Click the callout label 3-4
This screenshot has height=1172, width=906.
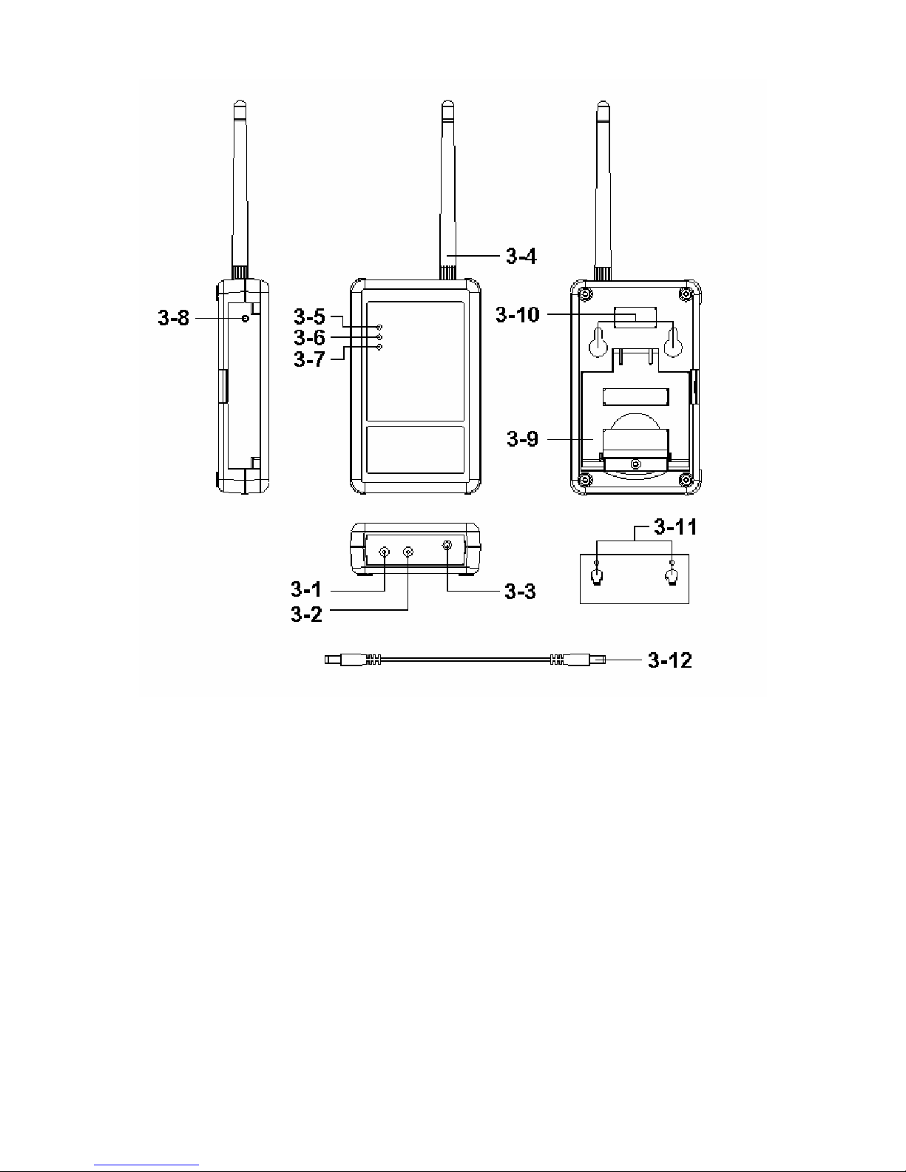coord(521,256)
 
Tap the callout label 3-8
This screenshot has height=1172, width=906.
coord(173,318)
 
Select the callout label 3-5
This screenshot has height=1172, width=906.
coord(309,316)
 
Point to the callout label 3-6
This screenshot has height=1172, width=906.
coord(309,338)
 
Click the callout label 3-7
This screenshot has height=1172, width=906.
coord(309,359)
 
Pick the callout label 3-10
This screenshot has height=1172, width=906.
coord(517,314)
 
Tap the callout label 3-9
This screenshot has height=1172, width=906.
coord(522,439)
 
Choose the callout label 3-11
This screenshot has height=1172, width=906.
coord(675,527)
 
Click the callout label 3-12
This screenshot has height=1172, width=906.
coord(670,660)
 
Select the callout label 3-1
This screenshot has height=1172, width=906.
coord(305,589)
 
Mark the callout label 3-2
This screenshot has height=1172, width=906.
coord(305,614)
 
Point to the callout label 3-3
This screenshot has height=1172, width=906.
coord(520,592)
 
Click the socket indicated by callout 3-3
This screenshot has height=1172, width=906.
coord(447,546)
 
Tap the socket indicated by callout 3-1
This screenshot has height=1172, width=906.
coord(385,552)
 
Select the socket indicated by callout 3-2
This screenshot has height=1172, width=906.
coord(408,552)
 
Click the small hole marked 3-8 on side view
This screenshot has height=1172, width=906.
coord(246,318)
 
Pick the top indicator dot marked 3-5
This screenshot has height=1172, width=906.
coord(379,328)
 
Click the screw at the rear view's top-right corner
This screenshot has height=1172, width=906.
coord(686,294)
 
